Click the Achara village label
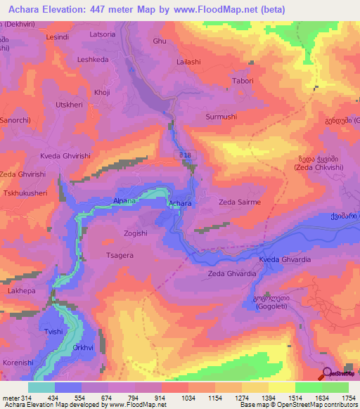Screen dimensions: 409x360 pos(180,204)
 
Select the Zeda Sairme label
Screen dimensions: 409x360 pos(240,202)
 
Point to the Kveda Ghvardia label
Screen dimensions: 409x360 pos(285,259)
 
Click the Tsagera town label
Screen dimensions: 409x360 pos(119,256)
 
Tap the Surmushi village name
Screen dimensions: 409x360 pos(220,117)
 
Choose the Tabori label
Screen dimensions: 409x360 pos(243,81)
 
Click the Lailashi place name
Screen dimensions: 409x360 pos(188,62)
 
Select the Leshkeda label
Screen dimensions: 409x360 pos(93,60)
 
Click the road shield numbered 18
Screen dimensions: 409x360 pos(184,154)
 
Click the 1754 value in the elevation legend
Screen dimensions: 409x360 pos(348,398)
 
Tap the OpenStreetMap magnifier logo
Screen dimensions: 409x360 pos(326,373)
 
